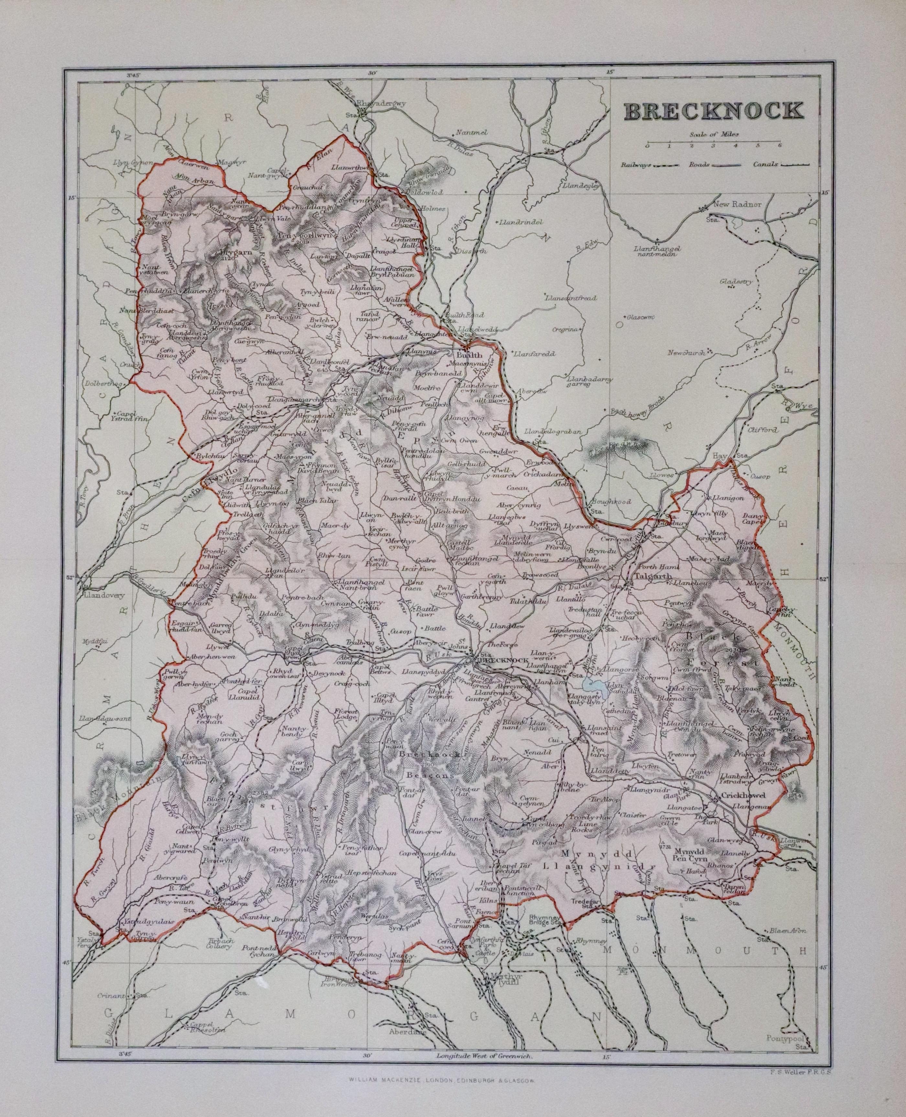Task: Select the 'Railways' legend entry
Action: click(x=649, y=165)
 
